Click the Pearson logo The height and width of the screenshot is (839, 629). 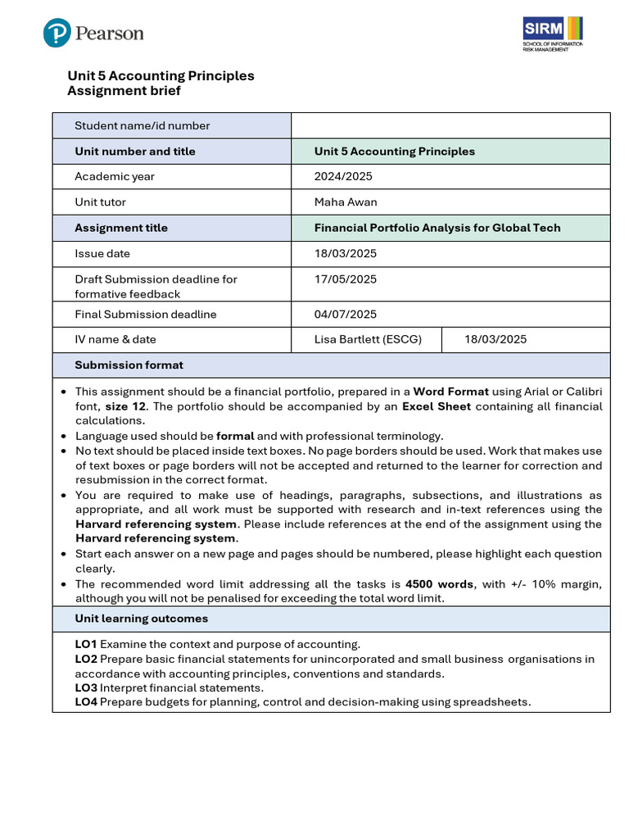click(93, 34)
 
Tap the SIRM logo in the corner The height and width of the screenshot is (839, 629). click(553, 34)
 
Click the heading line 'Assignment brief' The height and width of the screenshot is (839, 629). click(124, 91)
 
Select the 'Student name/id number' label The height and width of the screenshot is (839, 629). click(142, 125)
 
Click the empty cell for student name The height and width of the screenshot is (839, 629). click(450, 125)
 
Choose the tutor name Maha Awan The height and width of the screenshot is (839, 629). click(346, 202)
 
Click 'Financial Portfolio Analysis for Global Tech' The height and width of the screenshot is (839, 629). click(437, 228)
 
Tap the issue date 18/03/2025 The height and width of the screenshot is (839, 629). click(346, 253)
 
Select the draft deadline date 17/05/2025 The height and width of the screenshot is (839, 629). click(346, 279)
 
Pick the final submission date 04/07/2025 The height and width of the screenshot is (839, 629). click(346, 314)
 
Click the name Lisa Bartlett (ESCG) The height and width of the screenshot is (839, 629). click(368, 339)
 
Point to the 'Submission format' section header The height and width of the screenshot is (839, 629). click(129, 365)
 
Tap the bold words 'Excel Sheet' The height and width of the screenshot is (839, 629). click(437, 406)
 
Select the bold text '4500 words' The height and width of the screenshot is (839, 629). click(439, 583)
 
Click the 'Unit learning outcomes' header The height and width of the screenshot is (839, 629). click(141, 619)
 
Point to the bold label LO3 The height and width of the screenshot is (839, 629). click(86, 687)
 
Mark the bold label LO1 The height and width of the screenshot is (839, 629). click(86, 644)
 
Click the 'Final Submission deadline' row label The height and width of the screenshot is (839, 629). click(145, 314)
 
